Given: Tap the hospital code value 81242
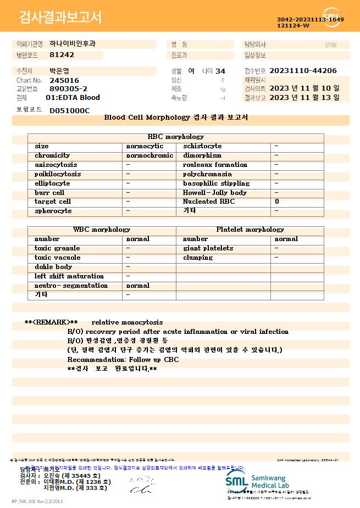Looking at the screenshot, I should (x=62, y=55).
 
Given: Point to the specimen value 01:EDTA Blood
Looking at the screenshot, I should (x=73, y=98).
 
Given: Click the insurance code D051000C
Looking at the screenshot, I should (x=69, y=110).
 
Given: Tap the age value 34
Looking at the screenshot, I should (x=220, y=71).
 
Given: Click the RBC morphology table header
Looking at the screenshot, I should (x=176, y=137).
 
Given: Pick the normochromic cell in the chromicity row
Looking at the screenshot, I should (x=149, y=155).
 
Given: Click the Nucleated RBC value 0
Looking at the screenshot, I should (x=277, y=202).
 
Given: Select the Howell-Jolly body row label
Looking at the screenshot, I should (x=215, y=193).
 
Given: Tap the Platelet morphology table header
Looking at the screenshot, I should (x=250, y=230).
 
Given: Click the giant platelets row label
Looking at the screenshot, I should (x=208, y=248).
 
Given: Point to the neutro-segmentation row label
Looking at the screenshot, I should (x=71, y=286).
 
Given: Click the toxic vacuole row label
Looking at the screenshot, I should (x=57, y=258).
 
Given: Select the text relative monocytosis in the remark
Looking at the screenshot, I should (x=127, y=322).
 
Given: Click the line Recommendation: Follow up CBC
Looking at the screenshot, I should (x=123, y=359).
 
